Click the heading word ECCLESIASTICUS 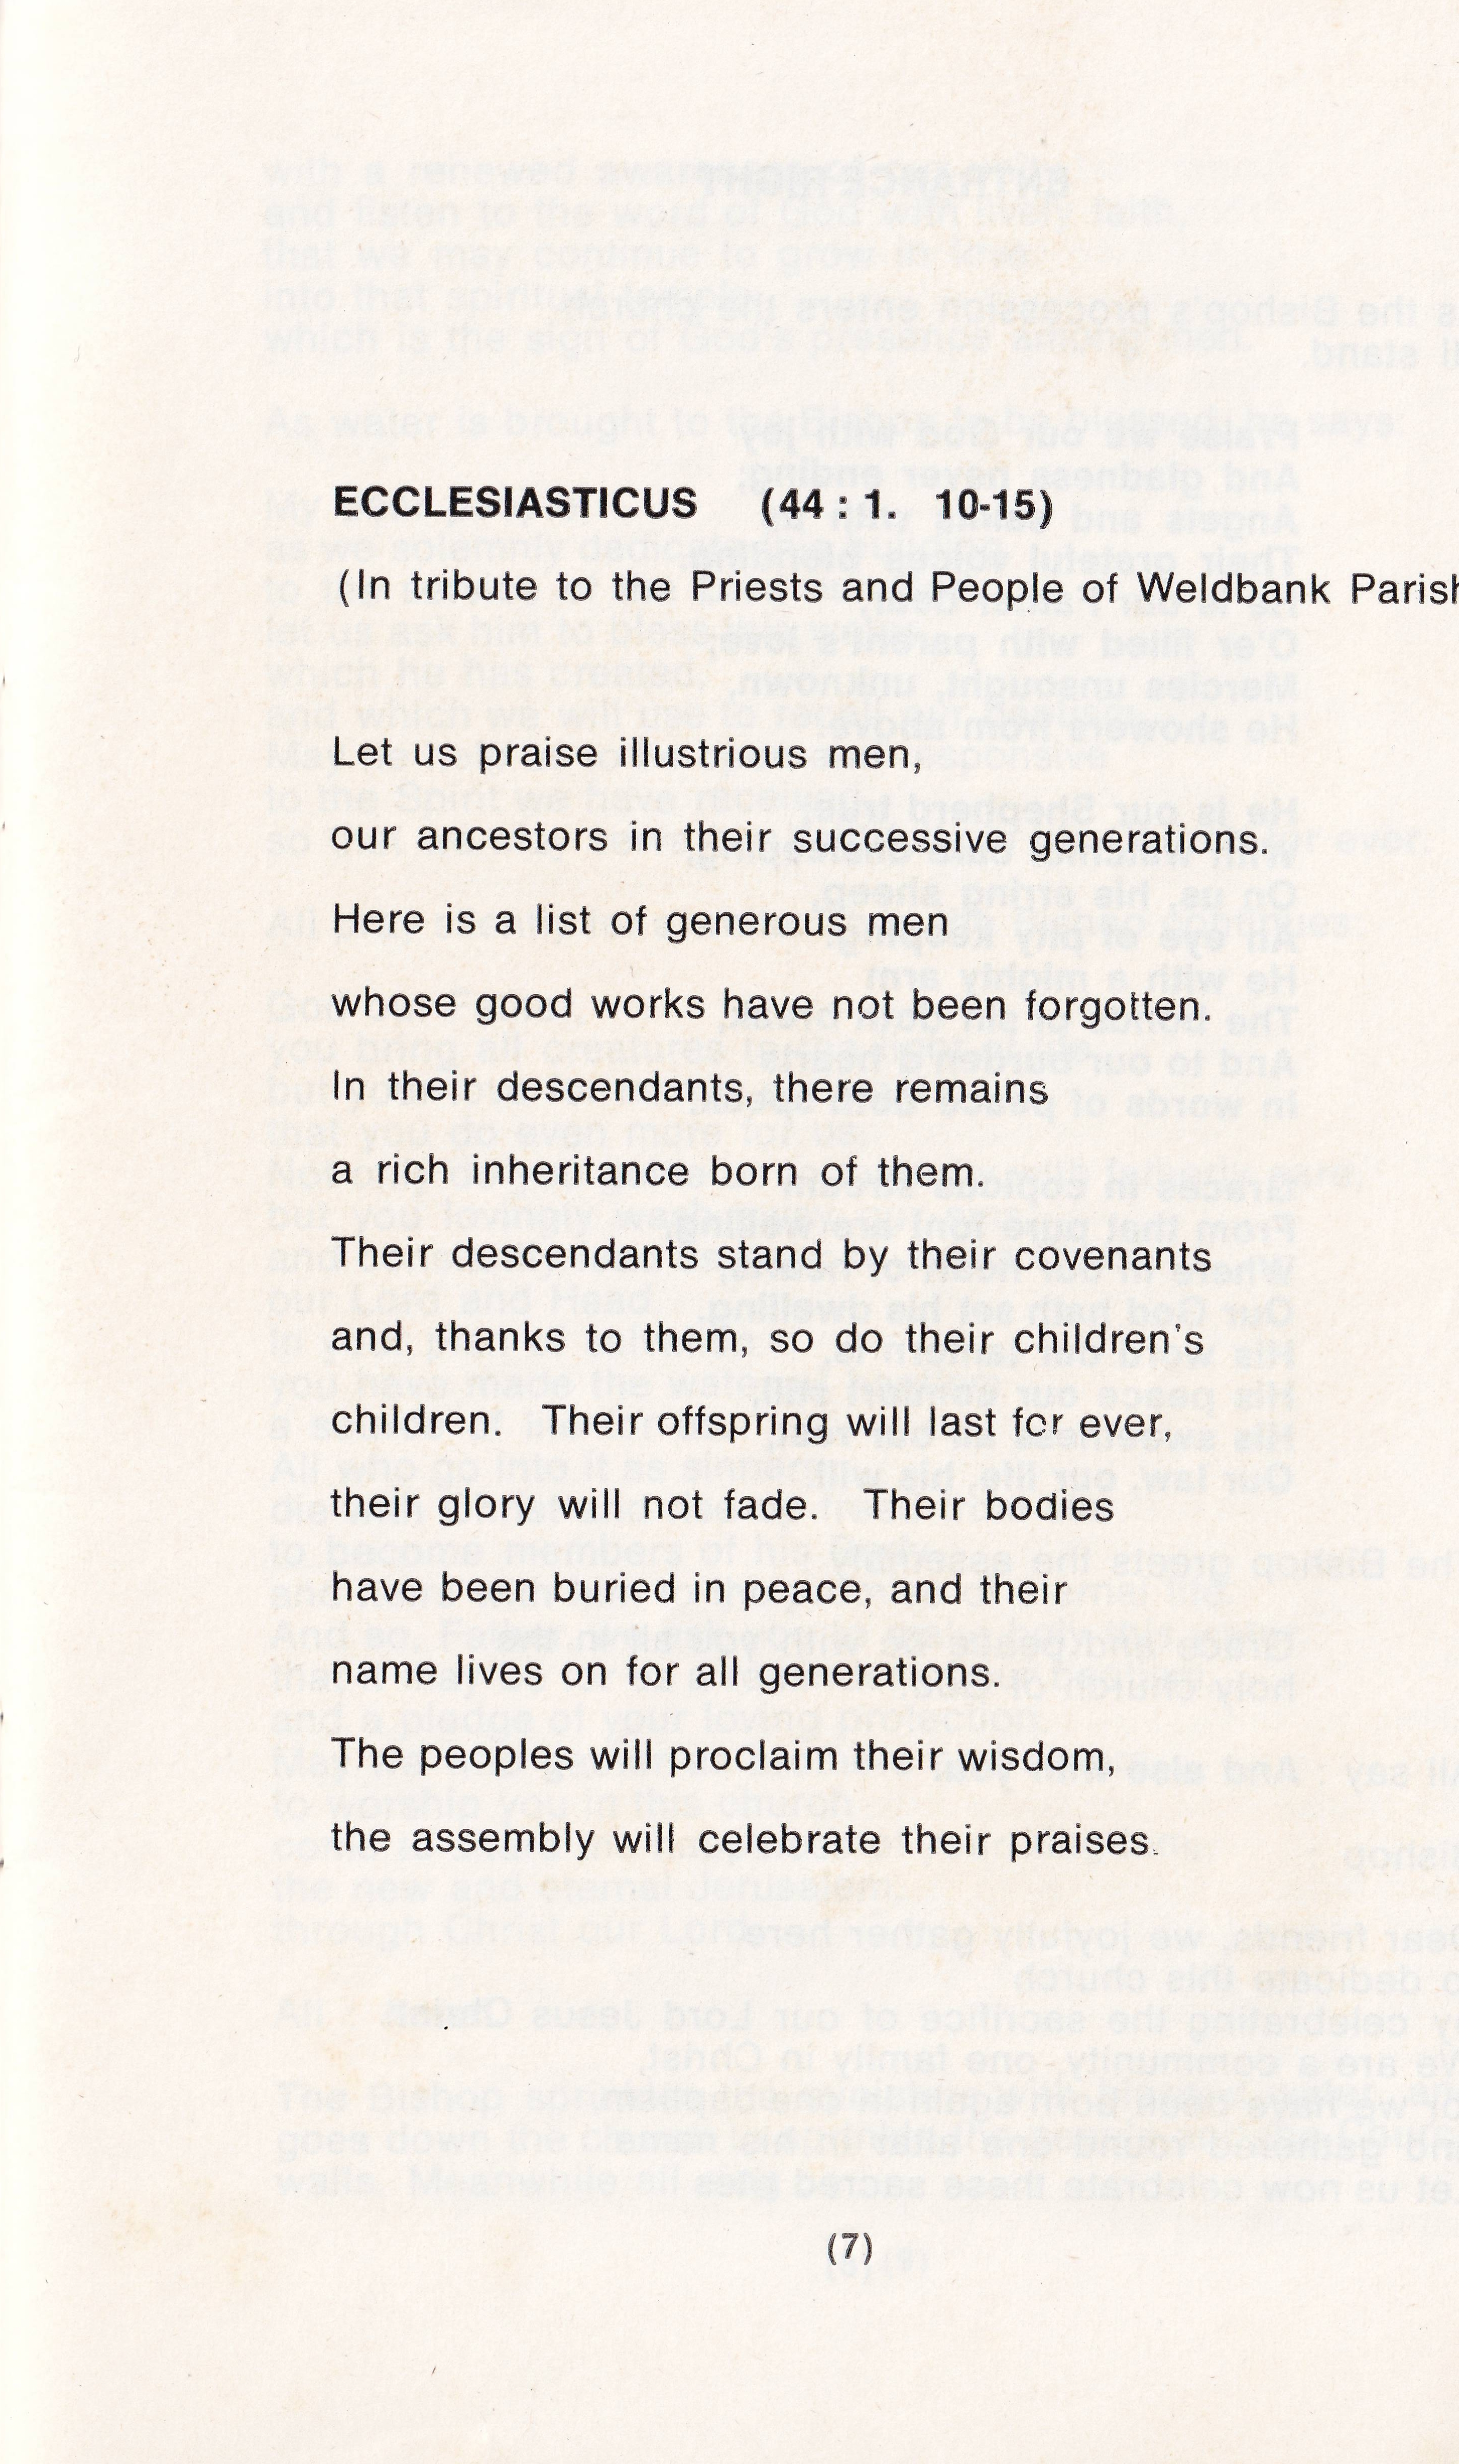(x=515, y=504)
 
